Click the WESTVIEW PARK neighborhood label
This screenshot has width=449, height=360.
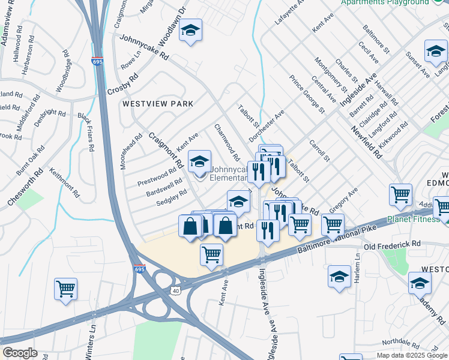coord(158,104)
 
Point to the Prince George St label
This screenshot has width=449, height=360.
coord(307,94)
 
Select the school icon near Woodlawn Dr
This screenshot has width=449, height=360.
coord(191,31)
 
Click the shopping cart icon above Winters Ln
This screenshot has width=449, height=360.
coord(65,288)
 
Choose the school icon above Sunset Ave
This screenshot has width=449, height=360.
coord(436,52)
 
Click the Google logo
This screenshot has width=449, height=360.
coord(20,353)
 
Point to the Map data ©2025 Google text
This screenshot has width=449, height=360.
coord(412,355)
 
